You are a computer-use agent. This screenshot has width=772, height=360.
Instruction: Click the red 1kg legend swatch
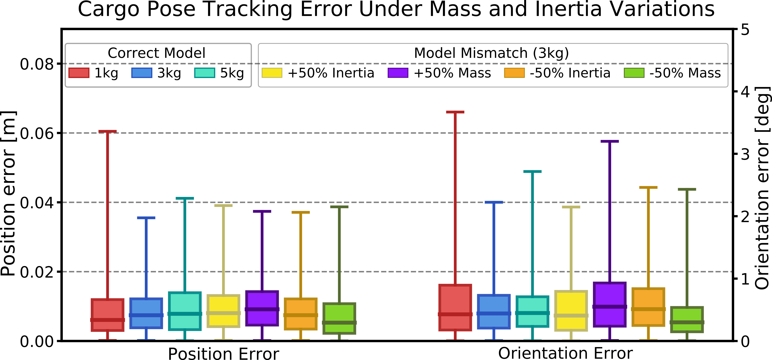79,73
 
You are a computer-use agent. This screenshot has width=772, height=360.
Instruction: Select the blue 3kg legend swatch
142,73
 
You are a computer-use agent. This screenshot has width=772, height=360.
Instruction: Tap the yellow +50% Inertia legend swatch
272,73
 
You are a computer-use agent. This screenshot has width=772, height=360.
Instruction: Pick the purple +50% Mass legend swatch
398,73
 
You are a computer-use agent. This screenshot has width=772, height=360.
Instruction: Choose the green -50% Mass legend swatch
634,73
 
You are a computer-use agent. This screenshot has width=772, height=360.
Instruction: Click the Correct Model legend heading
156,53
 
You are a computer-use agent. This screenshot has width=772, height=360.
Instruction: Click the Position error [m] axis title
8,193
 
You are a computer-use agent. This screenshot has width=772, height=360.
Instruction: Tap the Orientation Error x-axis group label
565,353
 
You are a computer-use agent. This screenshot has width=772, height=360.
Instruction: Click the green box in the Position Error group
339,318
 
